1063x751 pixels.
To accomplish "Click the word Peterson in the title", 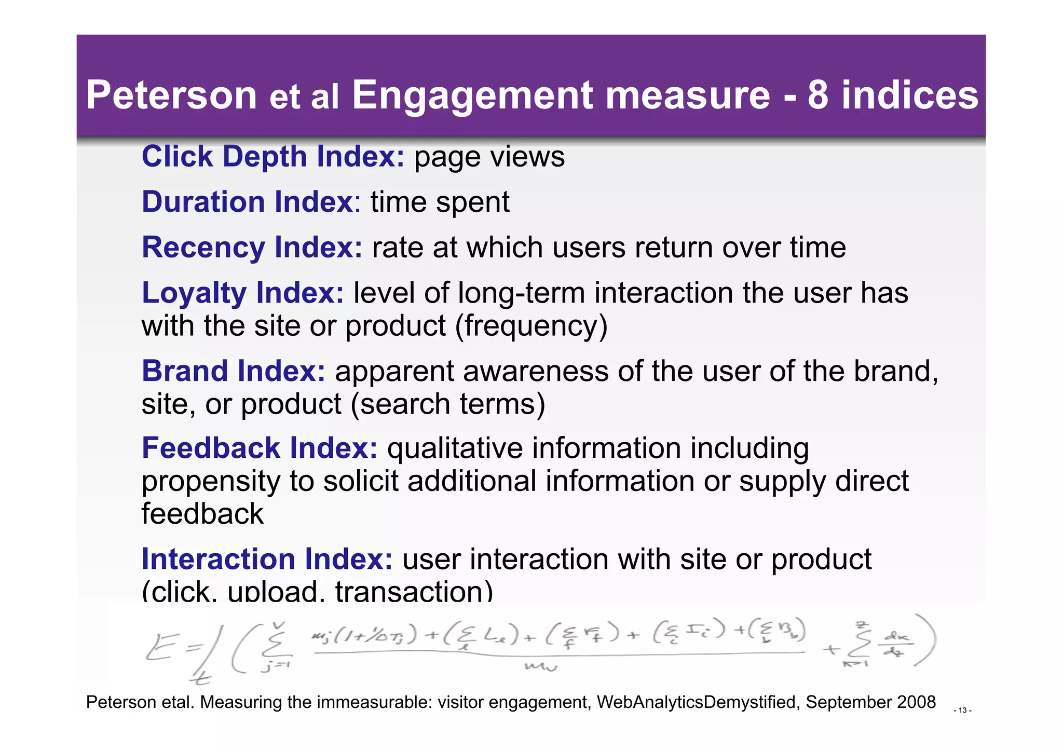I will coord(172,95).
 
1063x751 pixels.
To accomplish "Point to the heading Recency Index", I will coord(252,247).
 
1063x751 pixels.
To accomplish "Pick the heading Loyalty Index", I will coord(242,293).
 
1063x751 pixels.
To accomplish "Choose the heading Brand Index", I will coord(234,371).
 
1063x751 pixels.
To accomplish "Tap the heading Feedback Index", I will coord(260,448).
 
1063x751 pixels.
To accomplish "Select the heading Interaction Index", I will coord(267,559).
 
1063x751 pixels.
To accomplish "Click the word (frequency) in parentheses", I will coord(531,326).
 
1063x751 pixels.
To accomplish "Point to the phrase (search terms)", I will coord(448,404).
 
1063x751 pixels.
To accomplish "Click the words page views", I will coord(489,157).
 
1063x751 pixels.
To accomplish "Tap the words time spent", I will coord(440,202).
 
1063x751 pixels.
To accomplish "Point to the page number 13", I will coord(962,711).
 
